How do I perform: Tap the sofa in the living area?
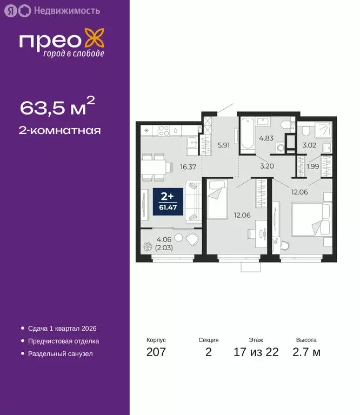(x=192, y=201)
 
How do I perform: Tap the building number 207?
(x=156, y=353)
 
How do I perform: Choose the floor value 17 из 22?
(x=256, y=353)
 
